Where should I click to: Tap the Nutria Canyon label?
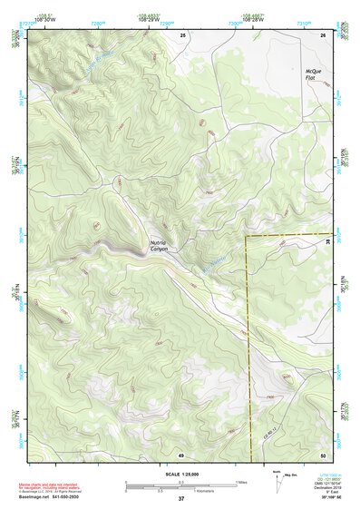pyautogui.click(x=160, y=245)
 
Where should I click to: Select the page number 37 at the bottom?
pyautogui.click(x=180, y=499)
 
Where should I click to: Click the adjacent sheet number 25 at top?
pyautogui.click(x=181, y=34)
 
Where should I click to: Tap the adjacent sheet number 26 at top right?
pyautogui.click(x=323, y=34)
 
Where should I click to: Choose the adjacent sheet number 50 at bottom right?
pyautogui.click(x=323, y=454)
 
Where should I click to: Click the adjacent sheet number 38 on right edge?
pyautogui.click(x=327, y=241)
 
